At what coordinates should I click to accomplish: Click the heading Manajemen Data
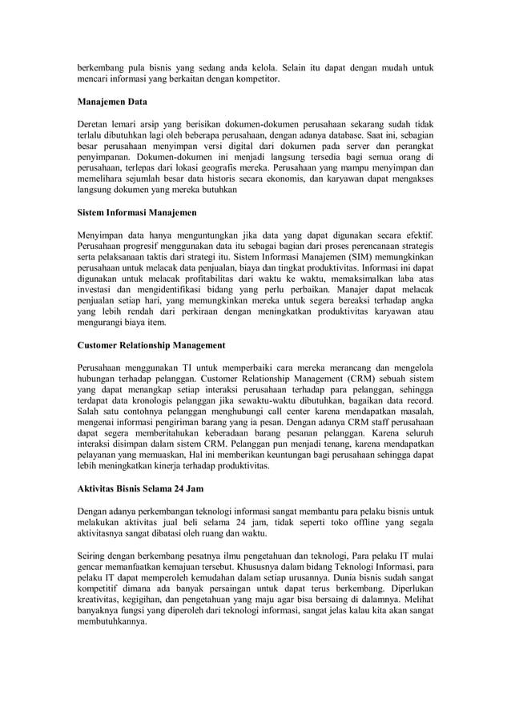(111, 103)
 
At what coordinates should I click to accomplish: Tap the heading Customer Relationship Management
(151, 344)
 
